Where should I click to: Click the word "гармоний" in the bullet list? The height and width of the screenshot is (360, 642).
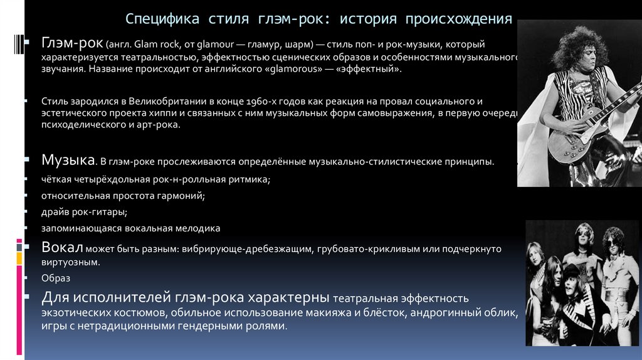(x=184, y=196)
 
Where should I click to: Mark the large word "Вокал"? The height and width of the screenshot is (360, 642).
(x=62, y=247)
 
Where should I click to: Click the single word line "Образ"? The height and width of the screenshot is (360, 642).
(x=56, y=278)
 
